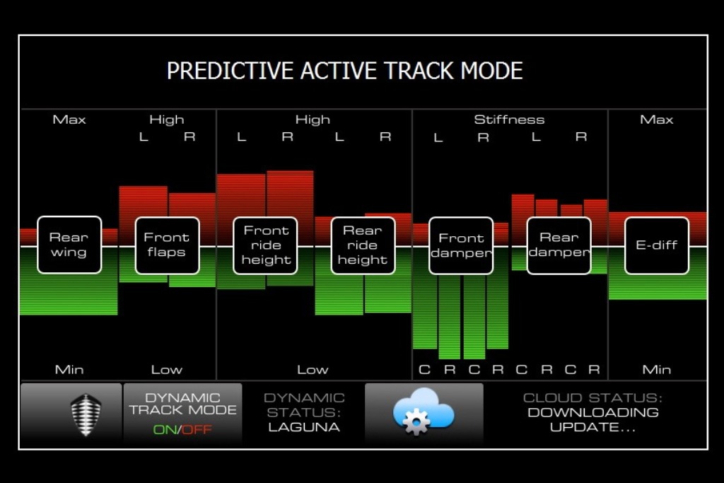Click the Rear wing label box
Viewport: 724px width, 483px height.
(69, 245)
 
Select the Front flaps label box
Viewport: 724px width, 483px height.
(167, 245)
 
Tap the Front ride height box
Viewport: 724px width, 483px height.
(266, 245)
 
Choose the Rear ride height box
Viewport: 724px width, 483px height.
(363, 245)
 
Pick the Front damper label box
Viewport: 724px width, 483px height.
(461, 245)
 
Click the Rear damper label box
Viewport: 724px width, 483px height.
(559, 245)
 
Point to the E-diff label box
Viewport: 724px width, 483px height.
(657, 245)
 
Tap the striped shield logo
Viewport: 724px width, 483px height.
(86, 414)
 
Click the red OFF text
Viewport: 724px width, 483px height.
(197, 429)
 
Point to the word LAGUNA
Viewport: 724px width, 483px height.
(304, 427)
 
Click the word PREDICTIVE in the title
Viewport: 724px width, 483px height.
(230, 71)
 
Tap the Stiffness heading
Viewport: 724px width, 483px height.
(509, 120)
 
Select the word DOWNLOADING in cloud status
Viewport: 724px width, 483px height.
(593, 412)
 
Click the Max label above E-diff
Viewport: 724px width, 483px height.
(657, 120)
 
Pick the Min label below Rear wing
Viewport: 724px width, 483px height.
(69, 369)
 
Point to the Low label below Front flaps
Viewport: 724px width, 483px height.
(167, 369)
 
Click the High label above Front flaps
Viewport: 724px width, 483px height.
(167, 120)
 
